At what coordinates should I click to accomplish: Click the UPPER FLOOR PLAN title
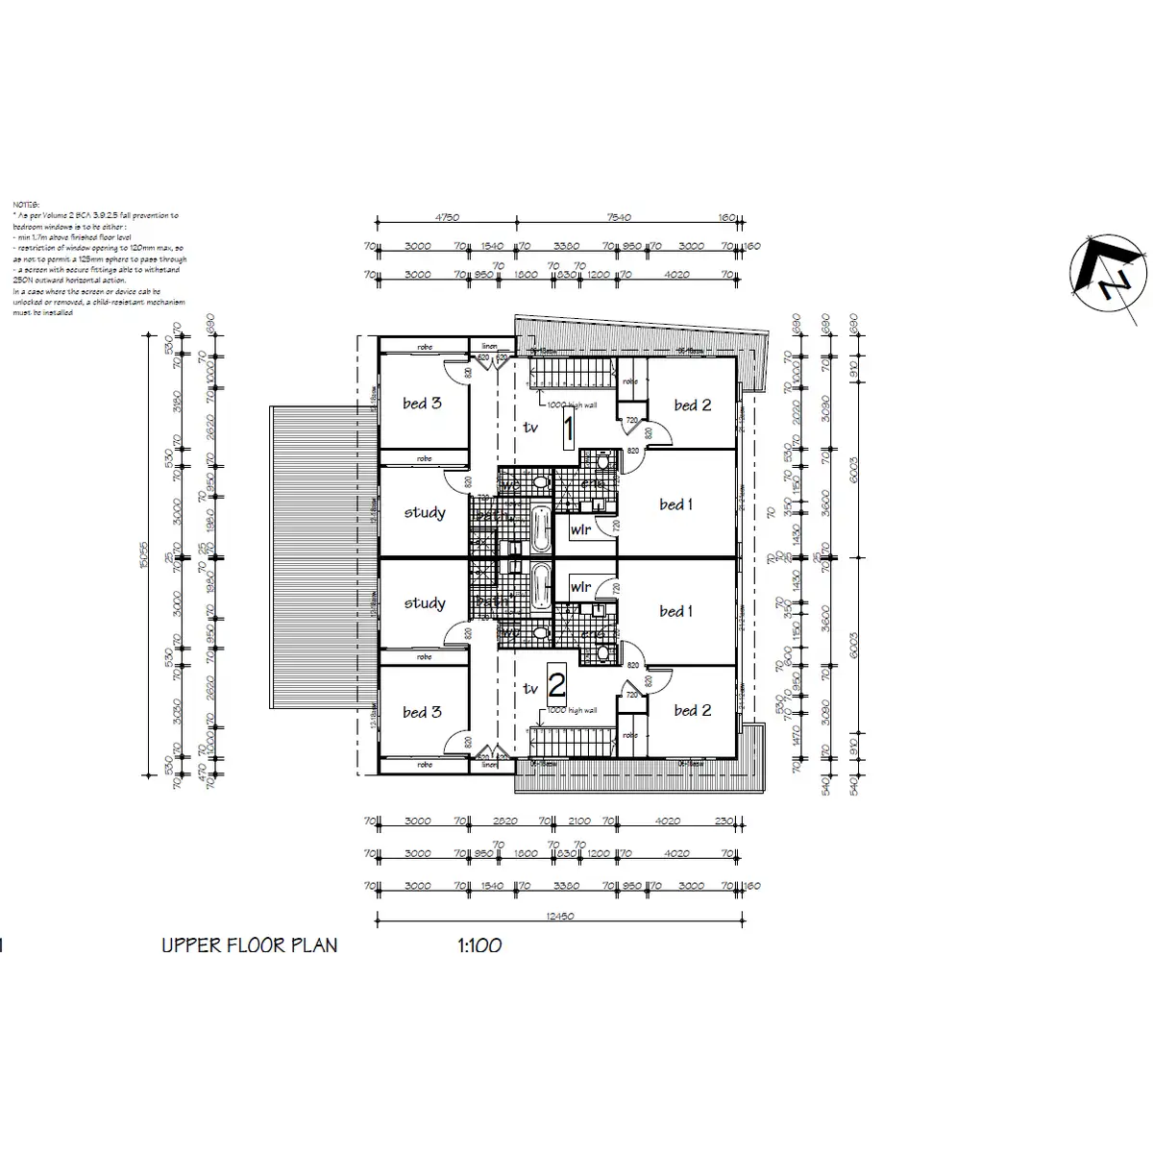250,945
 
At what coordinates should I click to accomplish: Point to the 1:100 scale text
479,945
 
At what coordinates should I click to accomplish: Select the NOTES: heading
26,205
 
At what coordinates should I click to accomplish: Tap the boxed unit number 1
568,429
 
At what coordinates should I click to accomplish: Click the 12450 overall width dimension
559,917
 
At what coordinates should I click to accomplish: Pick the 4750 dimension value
447,218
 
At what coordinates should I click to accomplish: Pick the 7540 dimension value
620,218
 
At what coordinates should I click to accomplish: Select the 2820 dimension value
504,822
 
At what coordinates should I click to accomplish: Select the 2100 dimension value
579,822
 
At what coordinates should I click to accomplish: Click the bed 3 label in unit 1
422,404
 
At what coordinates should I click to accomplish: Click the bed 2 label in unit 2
692,710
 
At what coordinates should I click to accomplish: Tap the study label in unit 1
424,512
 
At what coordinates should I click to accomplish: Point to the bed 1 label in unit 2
676,611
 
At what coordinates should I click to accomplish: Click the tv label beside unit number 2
530,688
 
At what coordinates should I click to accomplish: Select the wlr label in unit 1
580,529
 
